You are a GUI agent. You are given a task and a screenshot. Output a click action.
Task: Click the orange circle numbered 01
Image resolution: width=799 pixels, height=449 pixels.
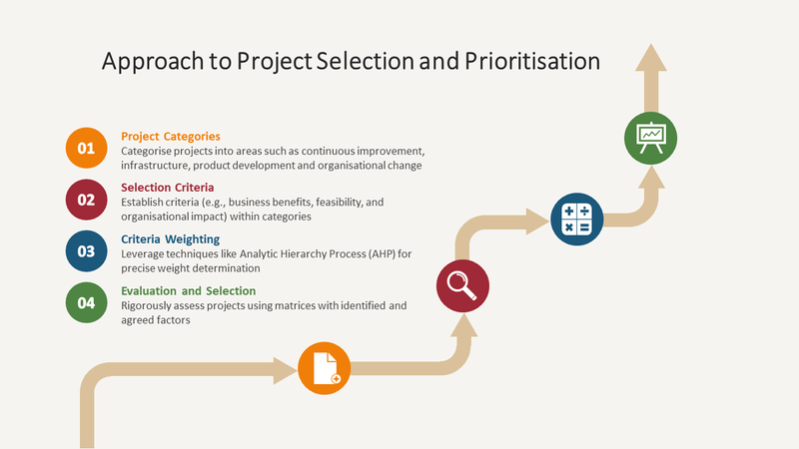pos(86,148)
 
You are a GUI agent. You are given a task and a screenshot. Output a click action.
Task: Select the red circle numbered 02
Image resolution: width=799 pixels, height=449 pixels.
pos(86,200)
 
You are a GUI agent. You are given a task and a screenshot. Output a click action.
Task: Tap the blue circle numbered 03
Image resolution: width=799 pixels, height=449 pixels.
pos(86,251)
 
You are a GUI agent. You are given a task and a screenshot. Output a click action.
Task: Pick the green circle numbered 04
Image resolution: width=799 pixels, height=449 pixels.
pos(86,303)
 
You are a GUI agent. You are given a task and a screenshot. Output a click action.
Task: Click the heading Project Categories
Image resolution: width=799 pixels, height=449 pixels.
pos(170,136)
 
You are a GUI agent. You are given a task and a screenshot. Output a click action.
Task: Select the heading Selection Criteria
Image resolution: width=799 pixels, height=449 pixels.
pos(167,187)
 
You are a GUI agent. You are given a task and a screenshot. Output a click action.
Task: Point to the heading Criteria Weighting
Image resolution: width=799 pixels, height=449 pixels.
pos(170,238)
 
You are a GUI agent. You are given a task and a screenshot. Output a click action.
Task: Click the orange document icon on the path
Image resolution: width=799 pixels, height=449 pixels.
pos(325,367)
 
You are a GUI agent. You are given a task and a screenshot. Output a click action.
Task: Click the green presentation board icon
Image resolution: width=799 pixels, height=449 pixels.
pos(651,137)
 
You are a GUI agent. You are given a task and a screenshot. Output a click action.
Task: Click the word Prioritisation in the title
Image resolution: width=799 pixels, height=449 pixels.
pos(532,61)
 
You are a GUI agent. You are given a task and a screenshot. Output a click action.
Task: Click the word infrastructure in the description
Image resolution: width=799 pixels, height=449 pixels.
pos(149,165)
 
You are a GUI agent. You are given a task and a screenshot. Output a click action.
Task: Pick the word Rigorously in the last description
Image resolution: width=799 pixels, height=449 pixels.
pos(149,305)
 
